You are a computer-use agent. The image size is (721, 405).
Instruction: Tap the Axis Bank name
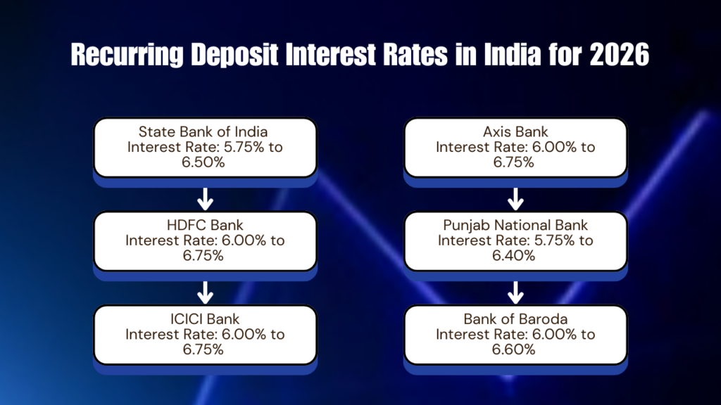coord(515,131)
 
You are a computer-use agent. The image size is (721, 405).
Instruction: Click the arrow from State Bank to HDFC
coord(205,198)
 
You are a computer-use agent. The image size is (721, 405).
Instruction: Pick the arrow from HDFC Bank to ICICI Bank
coord(205,292)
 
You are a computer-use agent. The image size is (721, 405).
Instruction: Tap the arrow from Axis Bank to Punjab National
coord(515,198)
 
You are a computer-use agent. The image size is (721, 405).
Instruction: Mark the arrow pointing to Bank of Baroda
coord(515,292)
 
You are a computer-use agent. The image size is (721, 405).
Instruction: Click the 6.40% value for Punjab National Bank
coord(515,256)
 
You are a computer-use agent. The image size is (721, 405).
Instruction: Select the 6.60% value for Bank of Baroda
coord(515,349)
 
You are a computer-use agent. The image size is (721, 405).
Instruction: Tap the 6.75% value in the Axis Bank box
coord(515,162)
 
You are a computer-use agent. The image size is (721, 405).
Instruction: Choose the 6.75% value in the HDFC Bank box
coord(205,256)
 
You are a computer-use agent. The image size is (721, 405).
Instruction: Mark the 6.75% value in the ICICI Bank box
coord(205,349)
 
